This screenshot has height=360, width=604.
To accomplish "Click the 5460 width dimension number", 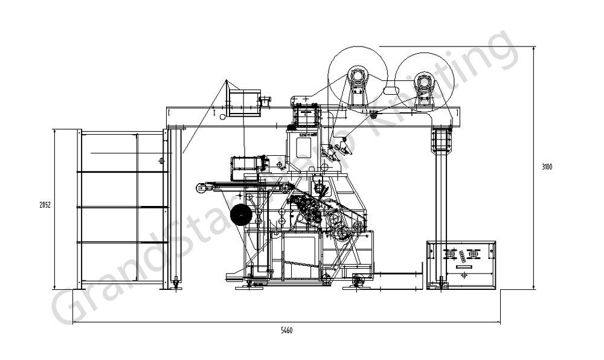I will tap(286, 330).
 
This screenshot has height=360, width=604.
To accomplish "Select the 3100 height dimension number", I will tap(547, 167).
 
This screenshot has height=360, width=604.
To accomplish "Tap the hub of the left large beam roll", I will tap(356, 77).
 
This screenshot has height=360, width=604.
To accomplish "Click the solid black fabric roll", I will tap(242, 215).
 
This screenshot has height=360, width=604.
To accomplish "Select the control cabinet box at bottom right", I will tap(461, 264).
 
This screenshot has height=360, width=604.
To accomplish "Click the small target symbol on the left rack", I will tap(161, 160).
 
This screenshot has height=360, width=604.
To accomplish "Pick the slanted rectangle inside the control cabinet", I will tap(462, 256).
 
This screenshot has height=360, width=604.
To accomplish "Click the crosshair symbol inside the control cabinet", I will tap(464, 275).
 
